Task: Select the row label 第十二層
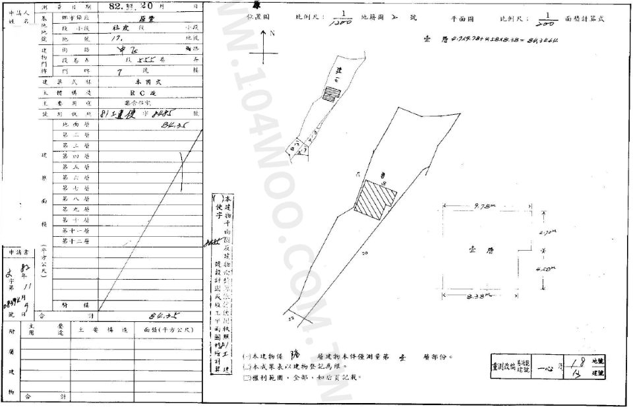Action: [x=75, y=241]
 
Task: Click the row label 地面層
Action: [x=75, y=123]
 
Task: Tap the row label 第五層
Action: [x=75, y=167]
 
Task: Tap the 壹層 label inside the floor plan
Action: [x=469, y=251]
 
